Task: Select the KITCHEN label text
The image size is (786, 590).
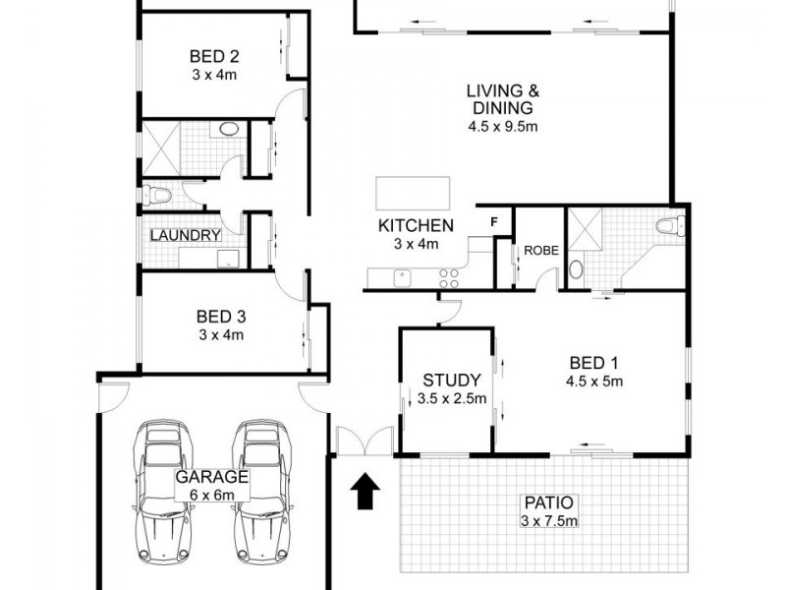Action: [x=408, y=226]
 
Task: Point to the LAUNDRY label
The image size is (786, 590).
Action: [x=185, y=236]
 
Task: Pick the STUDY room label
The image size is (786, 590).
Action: [x=451, y=380]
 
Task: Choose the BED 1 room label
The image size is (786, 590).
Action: [x=594, y=362]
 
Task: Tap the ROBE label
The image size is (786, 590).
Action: [x=540, y=251]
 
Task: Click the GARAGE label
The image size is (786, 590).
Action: [x=211, y=477]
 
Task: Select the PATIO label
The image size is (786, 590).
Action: [x=547, y=501]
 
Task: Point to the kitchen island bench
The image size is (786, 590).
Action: [x=412, y=190]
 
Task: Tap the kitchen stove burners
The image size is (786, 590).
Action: [x=450, y=277]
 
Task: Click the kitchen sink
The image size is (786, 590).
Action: [x=402, y=277]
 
